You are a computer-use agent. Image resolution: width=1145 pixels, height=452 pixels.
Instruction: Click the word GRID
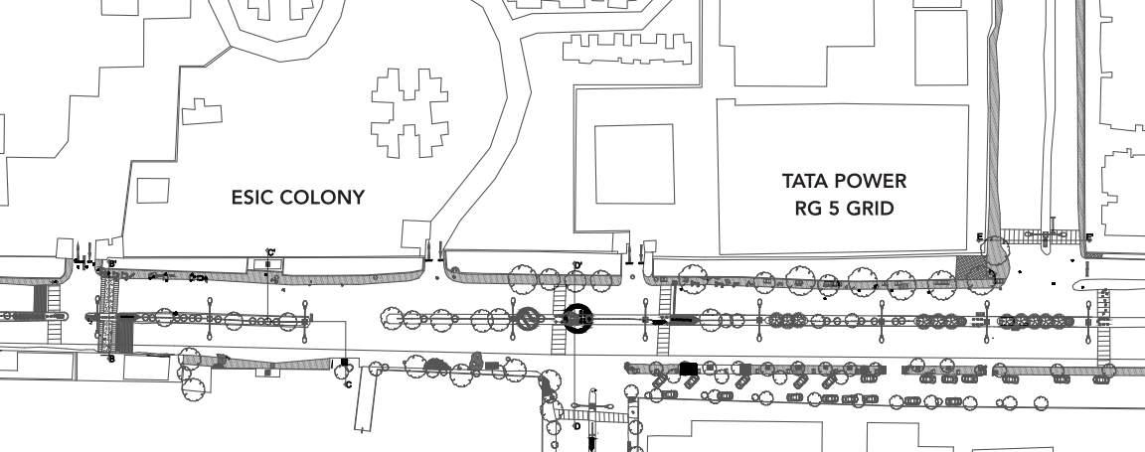click(873, 209)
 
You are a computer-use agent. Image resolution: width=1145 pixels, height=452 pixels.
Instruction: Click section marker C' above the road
click(269, 252)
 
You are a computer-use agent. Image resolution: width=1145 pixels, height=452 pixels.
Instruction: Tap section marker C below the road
click(348, 384)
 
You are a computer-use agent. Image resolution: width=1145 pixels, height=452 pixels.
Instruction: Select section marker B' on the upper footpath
click(111, 264)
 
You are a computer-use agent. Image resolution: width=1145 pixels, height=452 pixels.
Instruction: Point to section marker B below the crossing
click(110, 359)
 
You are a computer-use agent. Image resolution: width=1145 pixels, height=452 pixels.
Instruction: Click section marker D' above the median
click(576, 265)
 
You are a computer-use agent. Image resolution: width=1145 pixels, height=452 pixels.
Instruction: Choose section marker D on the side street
click(576, 426)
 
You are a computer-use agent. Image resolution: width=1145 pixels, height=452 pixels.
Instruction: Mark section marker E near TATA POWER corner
click(980, 237)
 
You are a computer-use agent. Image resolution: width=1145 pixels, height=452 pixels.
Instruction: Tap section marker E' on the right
click(1089, 238)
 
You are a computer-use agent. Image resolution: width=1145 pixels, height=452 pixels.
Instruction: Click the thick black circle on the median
click(577, 319)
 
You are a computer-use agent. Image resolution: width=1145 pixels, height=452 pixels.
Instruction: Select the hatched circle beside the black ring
click(528, 319)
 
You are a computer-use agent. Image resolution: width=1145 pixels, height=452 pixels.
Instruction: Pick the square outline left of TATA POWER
click(634, 164)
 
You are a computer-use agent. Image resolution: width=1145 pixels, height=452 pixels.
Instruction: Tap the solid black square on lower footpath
click(688, 369)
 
